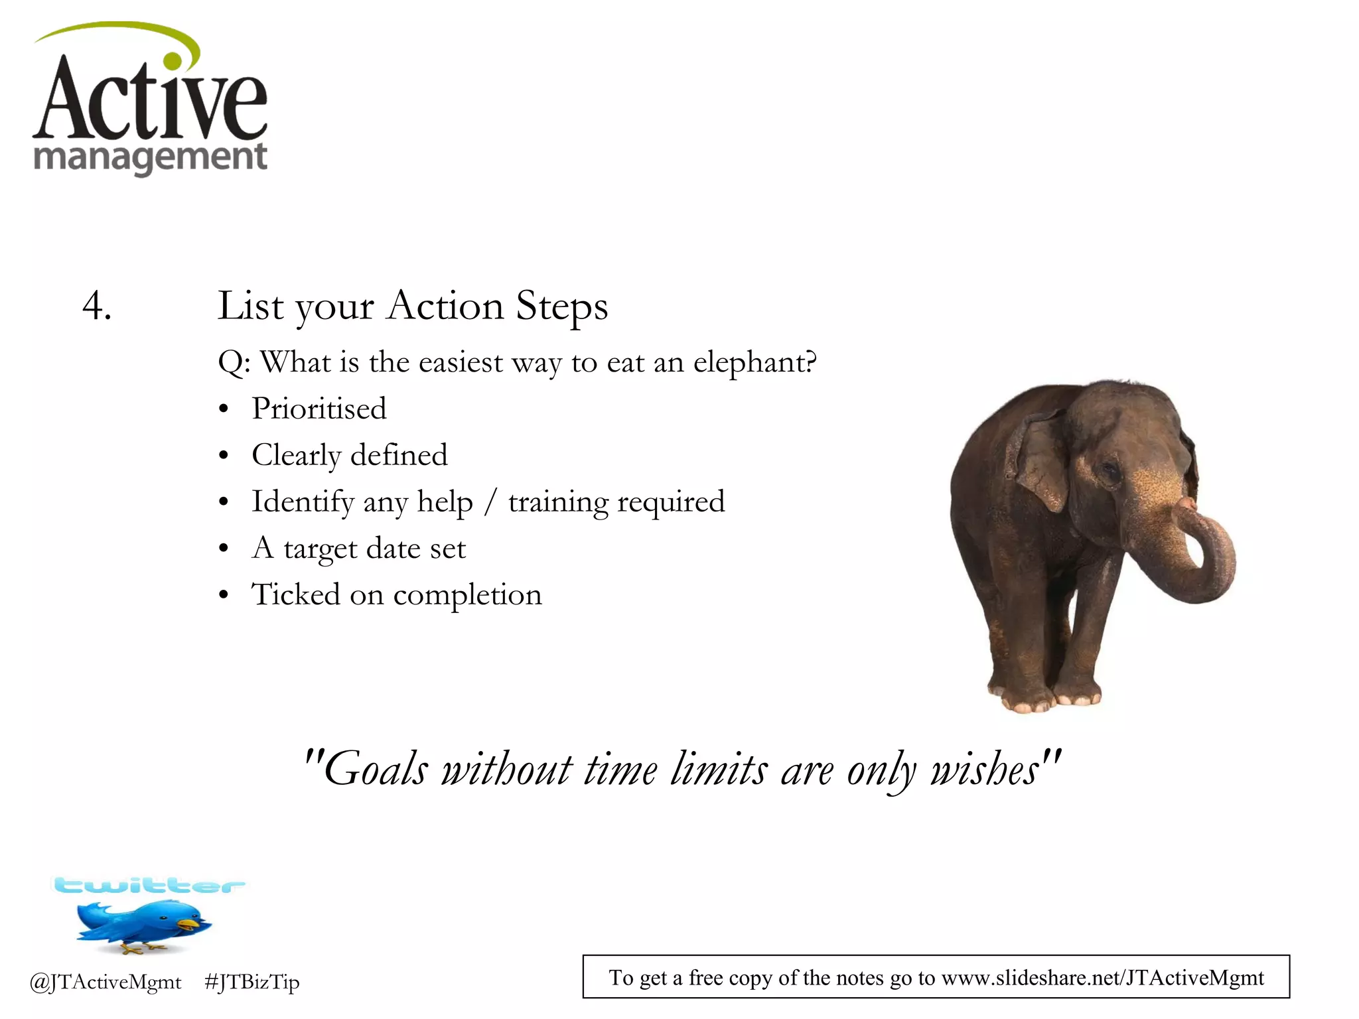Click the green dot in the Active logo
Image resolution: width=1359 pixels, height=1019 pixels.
click(x=173, y=61)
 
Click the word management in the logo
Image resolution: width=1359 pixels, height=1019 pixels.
click(x=150, y=158)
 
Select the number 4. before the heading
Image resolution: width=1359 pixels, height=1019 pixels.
click(x=97, y=306)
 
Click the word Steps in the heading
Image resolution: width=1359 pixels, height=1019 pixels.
click(x=561, y=306)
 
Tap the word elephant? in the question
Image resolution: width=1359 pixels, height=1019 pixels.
click(x=754, y=363)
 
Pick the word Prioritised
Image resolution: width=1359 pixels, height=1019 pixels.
click(x=319, y=409)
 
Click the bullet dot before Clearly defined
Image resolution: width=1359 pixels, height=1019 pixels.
click(x=224, y=456)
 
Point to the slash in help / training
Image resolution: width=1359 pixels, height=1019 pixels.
click(x=490, y=502)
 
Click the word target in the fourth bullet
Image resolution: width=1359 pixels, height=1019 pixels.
click(x=321, y=549)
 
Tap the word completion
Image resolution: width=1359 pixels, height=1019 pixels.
click(x=467, y=595)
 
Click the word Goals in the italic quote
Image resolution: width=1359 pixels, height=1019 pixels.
click(x=376, y=770)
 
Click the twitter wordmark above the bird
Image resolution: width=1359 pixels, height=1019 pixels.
click(x=149, y=886)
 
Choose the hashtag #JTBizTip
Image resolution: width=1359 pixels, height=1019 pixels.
click(x=252, y=982)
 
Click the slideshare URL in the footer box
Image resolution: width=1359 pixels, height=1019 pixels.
click(x=1102, y=978)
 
